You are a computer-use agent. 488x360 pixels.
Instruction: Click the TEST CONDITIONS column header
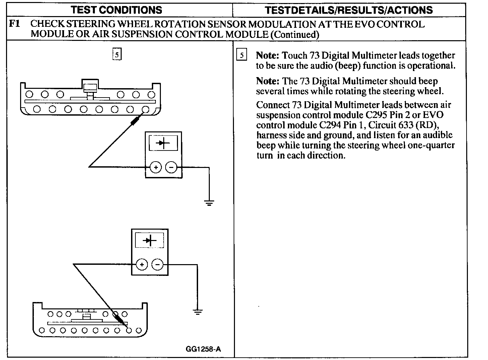click(x=117, y=10)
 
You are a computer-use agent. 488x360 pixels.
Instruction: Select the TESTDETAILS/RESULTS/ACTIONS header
click(x=349, y=10)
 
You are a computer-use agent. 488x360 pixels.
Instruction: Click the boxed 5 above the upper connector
click(x=117, y=55)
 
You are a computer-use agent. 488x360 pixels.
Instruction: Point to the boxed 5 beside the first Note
click(x=241, y=55)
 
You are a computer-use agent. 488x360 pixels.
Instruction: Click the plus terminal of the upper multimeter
click(x=155, y=167)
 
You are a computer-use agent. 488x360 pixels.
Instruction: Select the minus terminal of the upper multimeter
click(x=171, y=167)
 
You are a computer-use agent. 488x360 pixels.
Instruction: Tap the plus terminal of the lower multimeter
click(x=141, y=265)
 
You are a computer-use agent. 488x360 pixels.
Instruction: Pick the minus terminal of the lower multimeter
click(x=157, y=265)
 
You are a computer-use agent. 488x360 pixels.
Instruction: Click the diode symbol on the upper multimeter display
click(x=164, y=143)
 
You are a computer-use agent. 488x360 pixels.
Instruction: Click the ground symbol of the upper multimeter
click(x=209, y=202)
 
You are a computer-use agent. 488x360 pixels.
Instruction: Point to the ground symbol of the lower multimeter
click(x=198, y=312)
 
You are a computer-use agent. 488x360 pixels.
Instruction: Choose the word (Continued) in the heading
click(x=295, y=34)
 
